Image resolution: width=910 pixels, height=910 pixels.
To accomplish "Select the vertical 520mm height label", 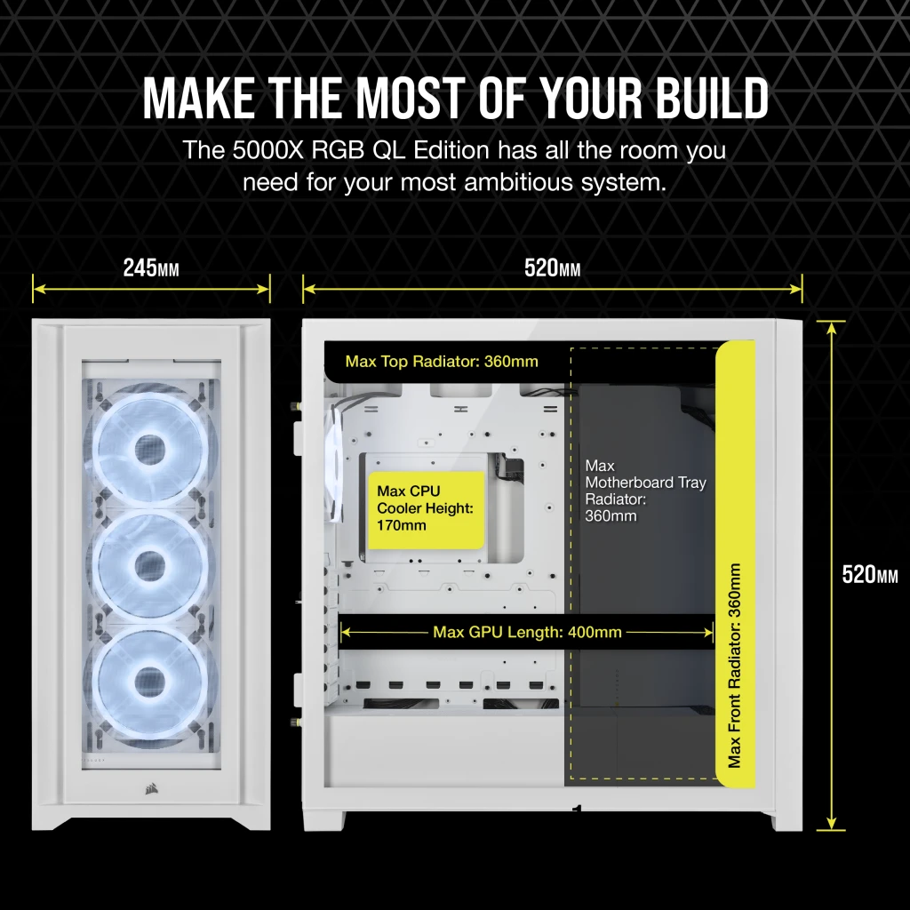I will tap(870, 575).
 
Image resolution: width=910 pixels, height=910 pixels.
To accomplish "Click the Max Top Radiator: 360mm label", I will tap(442, 362).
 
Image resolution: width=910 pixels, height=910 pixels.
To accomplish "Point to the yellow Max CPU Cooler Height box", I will tap(426, 507).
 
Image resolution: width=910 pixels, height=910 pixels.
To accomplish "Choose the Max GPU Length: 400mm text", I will tap(527, 633).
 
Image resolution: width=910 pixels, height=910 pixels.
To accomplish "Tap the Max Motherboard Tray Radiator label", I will tap(645, 491).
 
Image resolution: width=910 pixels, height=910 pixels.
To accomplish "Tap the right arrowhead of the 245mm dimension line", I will tap(266, 287).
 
